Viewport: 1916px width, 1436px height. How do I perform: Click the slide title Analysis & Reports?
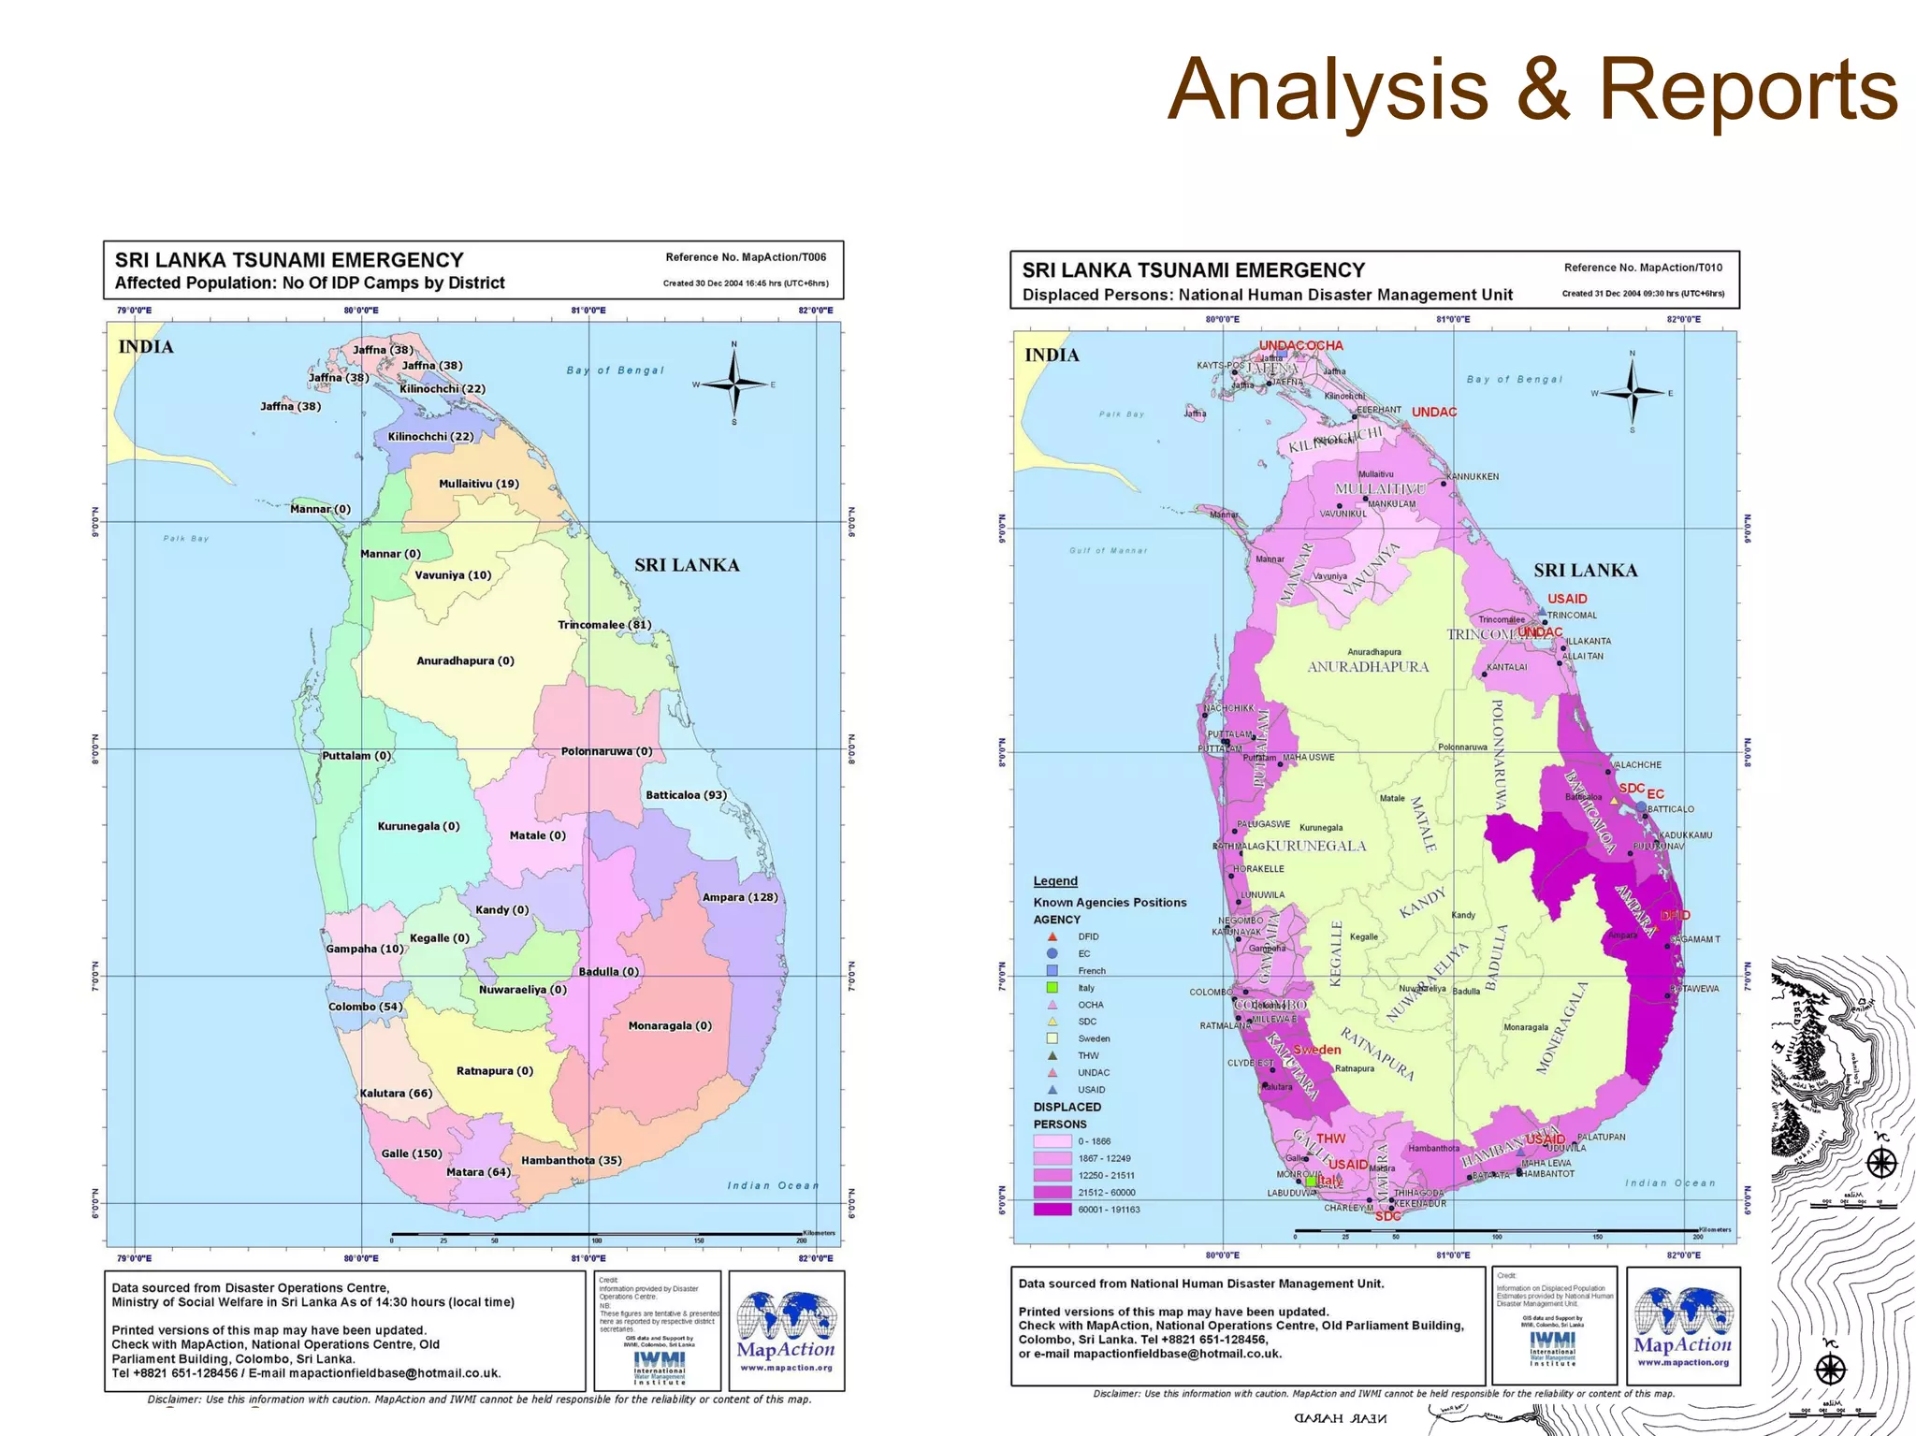[x=1531, y=91]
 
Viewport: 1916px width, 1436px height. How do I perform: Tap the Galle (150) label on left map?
[x=412, y=1153]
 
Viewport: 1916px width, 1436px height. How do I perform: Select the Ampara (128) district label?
[x=740, y=897]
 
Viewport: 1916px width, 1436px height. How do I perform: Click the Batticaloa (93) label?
[x=686, y=795]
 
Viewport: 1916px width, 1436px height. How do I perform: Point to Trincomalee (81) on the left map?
[x=604, y=625]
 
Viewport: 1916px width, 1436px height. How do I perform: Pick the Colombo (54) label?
[x=366, y=1007]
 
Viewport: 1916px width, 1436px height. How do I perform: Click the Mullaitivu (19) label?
[x=479, y=484]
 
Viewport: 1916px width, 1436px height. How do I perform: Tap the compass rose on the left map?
[x=734, y=384]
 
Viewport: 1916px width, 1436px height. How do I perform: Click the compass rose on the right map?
[x=1633, y=393]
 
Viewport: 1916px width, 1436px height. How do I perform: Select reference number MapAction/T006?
[x=746, y=257]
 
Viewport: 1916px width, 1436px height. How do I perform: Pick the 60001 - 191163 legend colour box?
[x=1052, y=1210]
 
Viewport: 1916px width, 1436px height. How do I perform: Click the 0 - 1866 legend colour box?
[x=1052, y=1141]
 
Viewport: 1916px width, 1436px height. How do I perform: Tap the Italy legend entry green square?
[x=1052, y=988]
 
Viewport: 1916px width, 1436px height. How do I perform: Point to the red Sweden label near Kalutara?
[x=1316, y=1050]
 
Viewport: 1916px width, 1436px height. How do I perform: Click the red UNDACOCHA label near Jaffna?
[x=1300, y=345]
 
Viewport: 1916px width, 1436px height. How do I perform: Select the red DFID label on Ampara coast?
[x=1675, y=915]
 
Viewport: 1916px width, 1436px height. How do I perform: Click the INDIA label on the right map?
[x=1052, y=355]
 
